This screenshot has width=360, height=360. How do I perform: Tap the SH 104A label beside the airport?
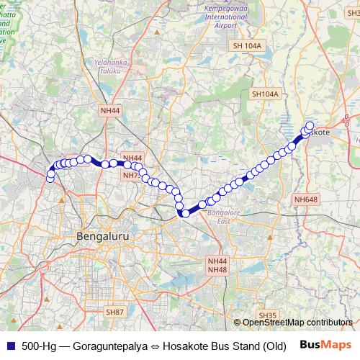[249, 45]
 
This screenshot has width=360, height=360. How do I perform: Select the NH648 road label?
[305, 199]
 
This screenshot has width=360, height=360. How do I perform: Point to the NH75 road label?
[130, 175]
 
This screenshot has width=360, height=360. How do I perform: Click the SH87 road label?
[114, 312]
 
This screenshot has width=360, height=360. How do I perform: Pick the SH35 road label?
[267, 315]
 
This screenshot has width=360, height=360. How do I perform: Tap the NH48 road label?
[217, 269]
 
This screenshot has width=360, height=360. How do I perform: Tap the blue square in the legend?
[9, 345]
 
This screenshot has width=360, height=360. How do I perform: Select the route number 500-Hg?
[40, 345]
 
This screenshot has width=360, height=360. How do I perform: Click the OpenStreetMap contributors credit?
[297, 323]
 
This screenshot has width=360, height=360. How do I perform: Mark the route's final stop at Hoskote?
[310, 126]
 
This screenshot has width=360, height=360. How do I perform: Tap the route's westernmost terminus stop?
[50, 178]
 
